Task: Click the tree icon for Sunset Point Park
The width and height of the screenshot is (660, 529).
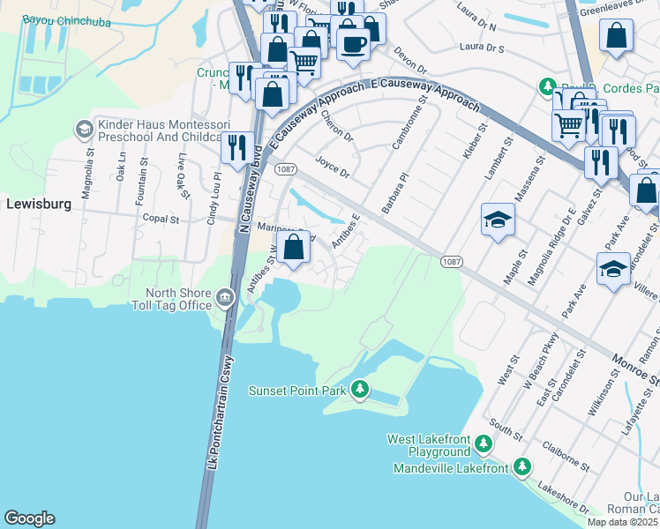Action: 359,389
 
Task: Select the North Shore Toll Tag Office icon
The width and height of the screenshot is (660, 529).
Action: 225,298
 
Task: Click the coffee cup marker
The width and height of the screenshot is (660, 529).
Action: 353,43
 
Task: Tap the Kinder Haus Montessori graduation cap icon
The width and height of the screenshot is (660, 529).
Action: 85,130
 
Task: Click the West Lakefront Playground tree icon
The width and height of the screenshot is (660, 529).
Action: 483,443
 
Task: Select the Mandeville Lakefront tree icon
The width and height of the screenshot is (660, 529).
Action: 522,466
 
